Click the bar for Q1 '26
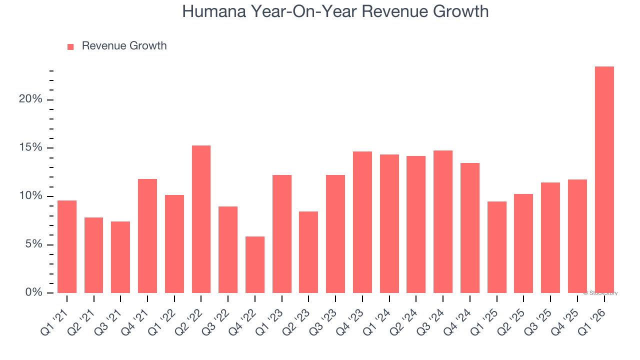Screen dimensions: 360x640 (604, 180)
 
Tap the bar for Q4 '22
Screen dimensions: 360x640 (254, 264)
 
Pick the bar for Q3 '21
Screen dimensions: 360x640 (120, 257)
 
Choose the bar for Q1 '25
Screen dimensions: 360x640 (496, 247)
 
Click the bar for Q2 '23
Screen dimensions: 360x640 (308, 252)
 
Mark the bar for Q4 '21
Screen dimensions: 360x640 (147, 236)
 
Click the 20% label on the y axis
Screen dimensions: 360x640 (30, 99)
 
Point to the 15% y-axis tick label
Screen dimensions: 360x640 (30, 148)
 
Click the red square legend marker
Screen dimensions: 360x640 (70, 46)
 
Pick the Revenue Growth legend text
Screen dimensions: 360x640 (124, 46)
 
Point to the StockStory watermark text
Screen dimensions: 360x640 (600, 293)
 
